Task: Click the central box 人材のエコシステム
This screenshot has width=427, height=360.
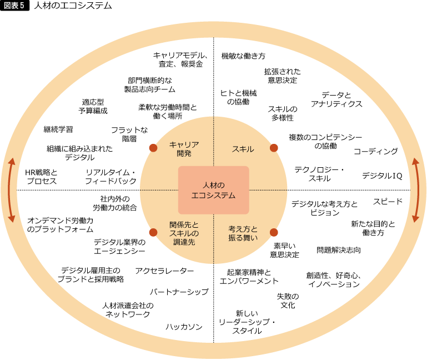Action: [x=213, y=190]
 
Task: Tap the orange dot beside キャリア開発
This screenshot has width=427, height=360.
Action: [x=153, y=148]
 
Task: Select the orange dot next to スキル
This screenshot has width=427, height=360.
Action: [x=274, y=148]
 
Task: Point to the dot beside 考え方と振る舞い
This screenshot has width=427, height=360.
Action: [x=274, y=232]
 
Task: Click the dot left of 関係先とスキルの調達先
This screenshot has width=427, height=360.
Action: [x=153, y=232]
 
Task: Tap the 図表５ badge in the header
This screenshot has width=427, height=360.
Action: [x=14, y=6]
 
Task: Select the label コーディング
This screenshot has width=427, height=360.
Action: [x=376, y=151]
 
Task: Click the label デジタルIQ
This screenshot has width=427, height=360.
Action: [x=382, y=176]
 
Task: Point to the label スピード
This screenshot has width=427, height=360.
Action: [x=388, y=202]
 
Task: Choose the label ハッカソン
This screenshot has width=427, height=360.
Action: [x=184, y=327]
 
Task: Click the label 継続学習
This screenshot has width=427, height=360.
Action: [x=58, y=129]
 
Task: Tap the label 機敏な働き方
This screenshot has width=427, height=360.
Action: [x=243, y=56]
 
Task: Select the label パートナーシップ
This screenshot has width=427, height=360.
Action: [x=179, y=292]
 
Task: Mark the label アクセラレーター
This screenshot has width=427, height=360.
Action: [x=164, y=271]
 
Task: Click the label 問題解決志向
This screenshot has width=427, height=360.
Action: [x=339, y=250]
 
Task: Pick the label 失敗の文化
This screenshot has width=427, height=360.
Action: [x=288, y=301]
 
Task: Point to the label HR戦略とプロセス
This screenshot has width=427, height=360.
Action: [x=42, y=177]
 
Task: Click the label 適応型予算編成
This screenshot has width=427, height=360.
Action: [x=93, y=106]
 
